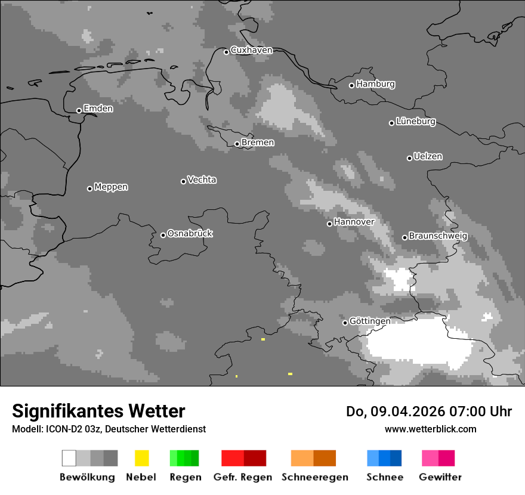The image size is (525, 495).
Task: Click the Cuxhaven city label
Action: [251, 50]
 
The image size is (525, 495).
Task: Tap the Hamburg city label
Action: [375, 84]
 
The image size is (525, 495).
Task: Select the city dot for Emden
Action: [79, 110]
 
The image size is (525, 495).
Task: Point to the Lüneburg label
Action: [416, 122]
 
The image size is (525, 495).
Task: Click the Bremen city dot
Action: [237, 144]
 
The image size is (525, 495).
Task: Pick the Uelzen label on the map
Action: [428, 156]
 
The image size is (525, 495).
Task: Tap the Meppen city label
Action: [111, 187]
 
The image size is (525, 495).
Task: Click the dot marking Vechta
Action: [183, 181]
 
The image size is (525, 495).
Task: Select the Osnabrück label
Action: [190, 233]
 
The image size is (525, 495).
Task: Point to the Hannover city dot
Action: [329, 224]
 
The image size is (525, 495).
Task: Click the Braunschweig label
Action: [438, 236]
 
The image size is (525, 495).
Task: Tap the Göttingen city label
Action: [370, 321]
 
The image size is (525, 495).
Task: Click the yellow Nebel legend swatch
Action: [141, 458]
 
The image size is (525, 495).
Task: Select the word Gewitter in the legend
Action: [440, 477]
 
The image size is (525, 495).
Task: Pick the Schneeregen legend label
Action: [314, 477]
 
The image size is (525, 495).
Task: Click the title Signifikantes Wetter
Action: [98, 412]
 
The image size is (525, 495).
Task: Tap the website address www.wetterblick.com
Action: [430, 429]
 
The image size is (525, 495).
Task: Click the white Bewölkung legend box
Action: [69, 458]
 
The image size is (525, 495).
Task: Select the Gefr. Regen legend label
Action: [242, 477]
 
